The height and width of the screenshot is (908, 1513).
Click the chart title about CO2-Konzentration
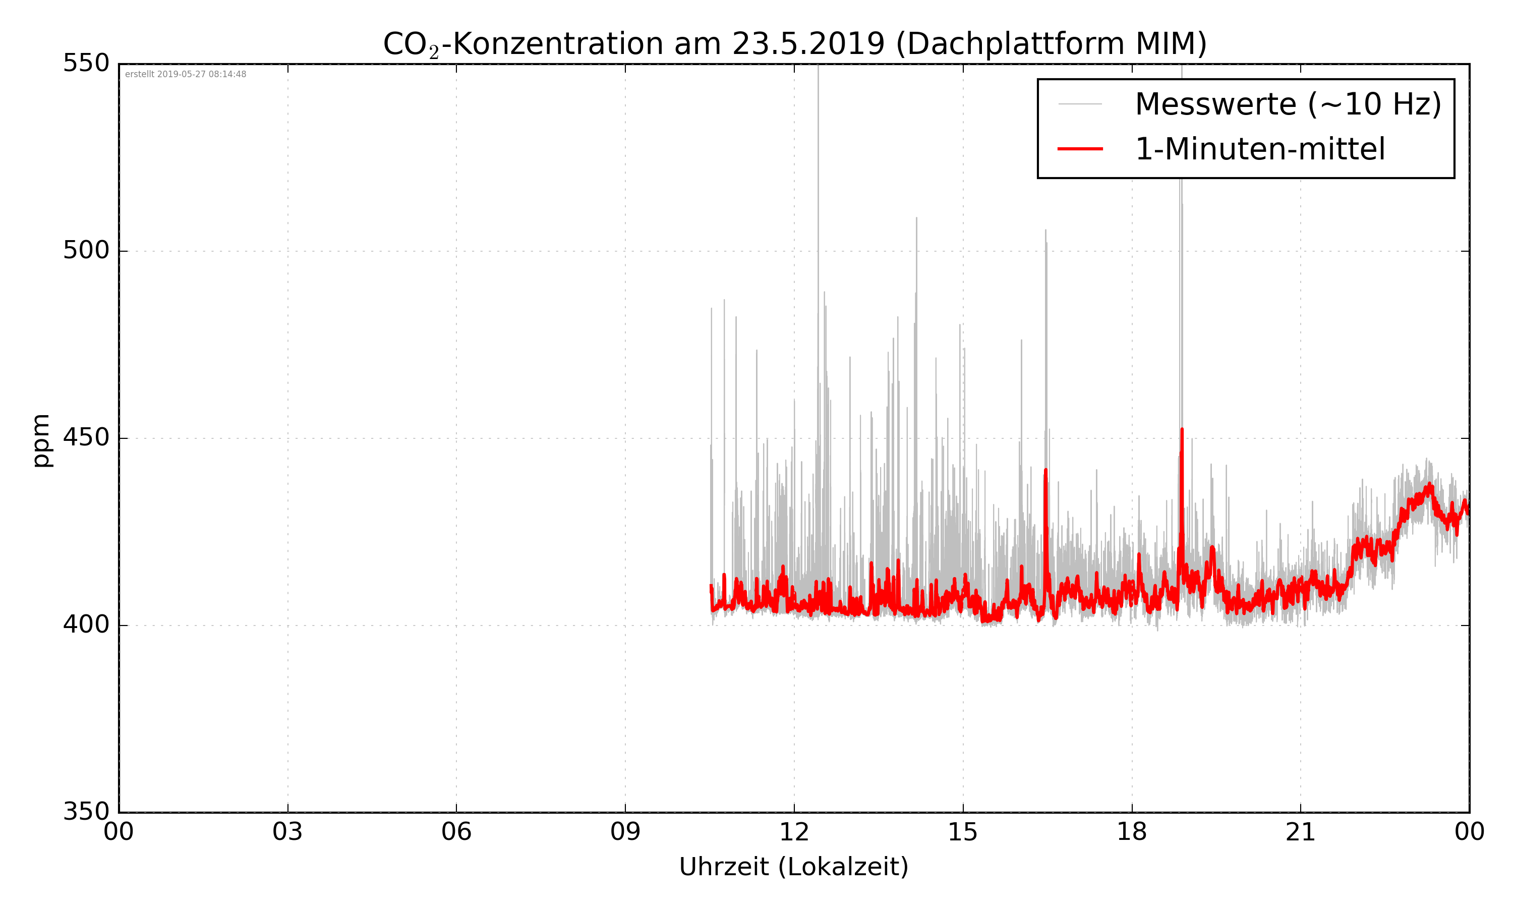point(794,44)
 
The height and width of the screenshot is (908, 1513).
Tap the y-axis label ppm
point(41,440)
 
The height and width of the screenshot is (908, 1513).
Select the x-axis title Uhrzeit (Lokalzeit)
point(794,867)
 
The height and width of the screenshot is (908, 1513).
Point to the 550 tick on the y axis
point(86,64)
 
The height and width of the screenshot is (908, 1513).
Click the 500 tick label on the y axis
point(86,251)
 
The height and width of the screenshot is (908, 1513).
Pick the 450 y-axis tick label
point(86,438)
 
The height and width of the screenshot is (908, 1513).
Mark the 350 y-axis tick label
point(86,812)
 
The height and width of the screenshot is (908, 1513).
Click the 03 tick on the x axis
point(287,833)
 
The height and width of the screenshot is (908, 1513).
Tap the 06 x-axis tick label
point(456,833)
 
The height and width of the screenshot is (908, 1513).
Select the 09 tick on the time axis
point(625,833)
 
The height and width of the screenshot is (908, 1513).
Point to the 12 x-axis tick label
point(794,833)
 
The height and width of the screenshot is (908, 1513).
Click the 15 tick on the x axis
point(963,833)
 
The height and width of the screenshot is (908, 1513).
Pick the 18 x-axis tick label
point(1131,833)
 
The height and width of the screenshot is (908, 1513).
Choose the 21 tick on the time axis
point(1300,833)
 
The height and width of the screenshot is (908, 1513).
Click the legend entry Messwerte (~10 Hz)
point(1288,104)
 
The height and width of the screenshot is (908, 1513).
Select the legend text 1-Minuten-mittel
point(1260,149)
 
